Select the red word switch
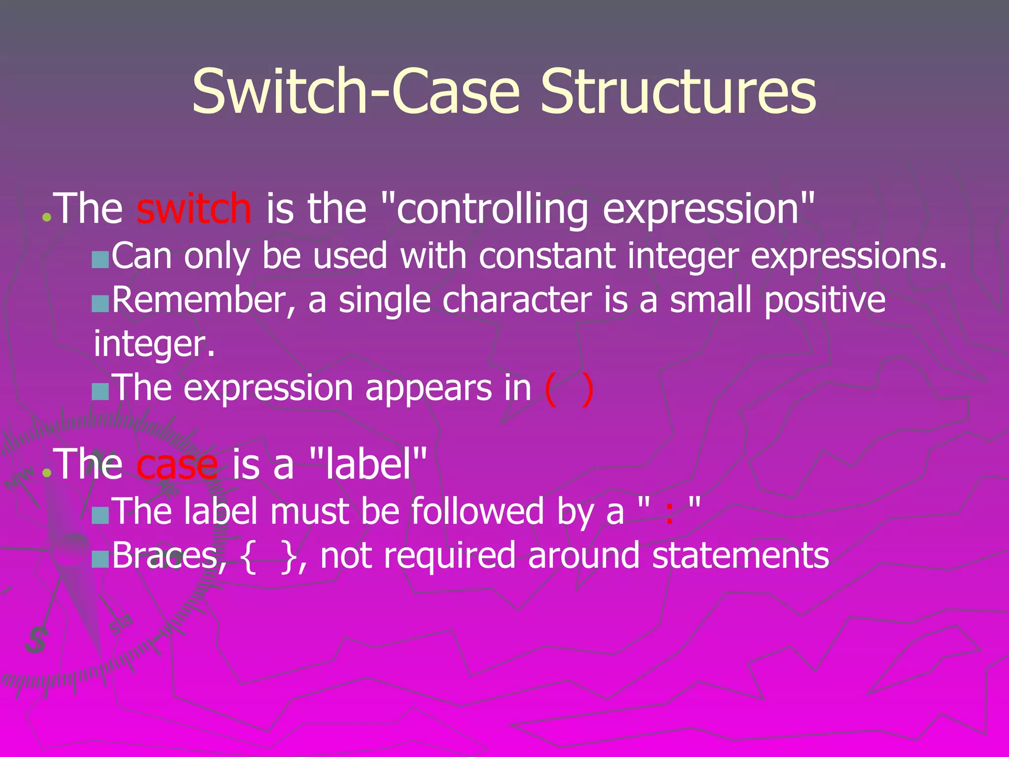tap(194, 209)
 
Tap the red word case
tap(177, 465)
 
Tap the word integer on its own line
tap(153, 344)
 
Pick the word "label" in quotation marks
tap(369, 465)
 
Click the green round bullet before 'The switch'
tap(47, 217)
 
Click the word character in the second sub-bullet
tap(517, 300)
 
